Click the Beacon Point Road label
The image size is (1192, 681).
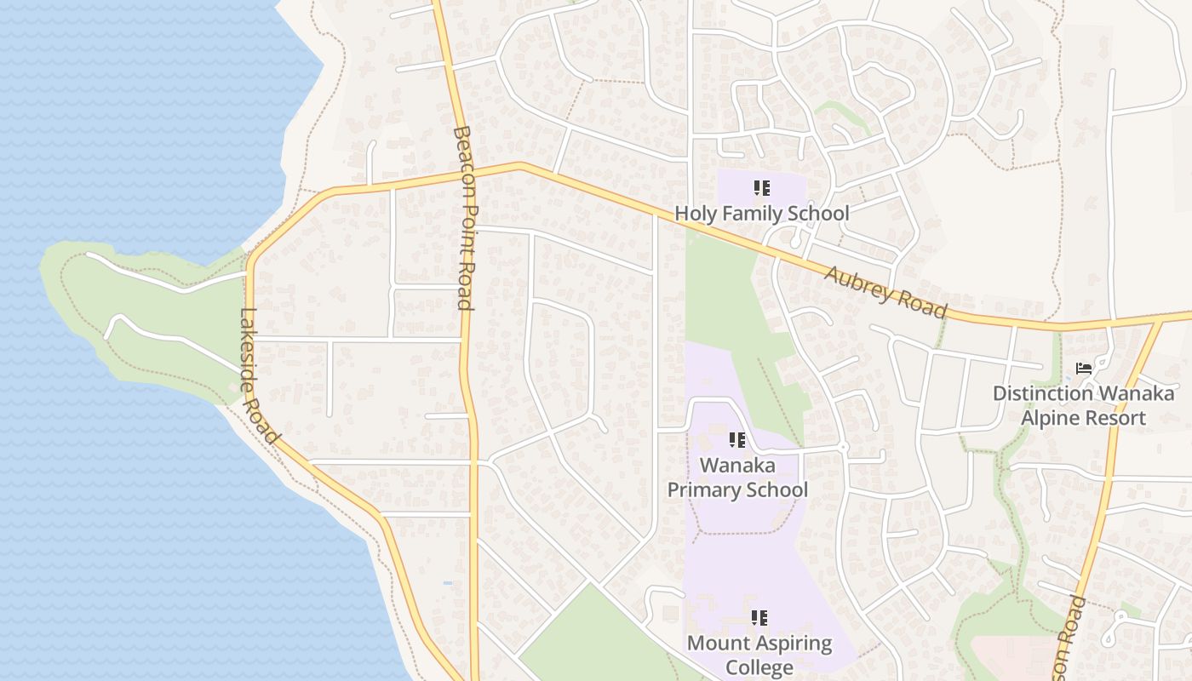pyautogui.click(x=464, y=218)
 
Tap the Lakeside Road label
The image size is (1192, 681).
pyautogui.click(x=260, y=375)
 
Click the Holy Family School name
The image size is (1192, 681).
pyautogui.click(x=762, y=213)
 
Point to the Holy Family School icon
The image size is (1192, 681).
pyautogui.click(x=762, y=187)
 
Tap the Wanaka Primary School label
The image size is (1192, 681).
pyautogui.click(x=737, y=478)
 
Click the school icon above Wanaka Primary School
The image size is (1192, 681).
pyautogui.click(x=737, y=440)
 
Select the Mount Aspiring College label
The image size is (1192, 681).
pyautogui.click(x=759, y=655)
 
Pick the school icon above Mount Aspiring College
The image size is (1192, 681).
pyautogui.click(x=759, y=618)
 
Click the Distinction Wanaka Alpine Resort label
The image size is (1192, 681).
pyautogui.click(x=1083, y=405)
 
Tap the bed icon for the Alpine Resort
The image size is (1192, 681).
pyautogui.click(x=1084, y=369)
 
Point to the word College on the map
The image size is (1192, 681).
pyautogui.click(x=759, y=667)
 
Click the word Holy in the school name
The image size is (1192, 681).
pyautogui.click(x=694, y=213)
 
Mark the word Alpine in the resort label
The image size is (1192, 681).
pyautogui.click(x=1048, y=418)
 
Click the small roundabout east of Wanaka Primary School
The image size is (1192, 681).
pyautogui.click(x=843, y=447)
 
